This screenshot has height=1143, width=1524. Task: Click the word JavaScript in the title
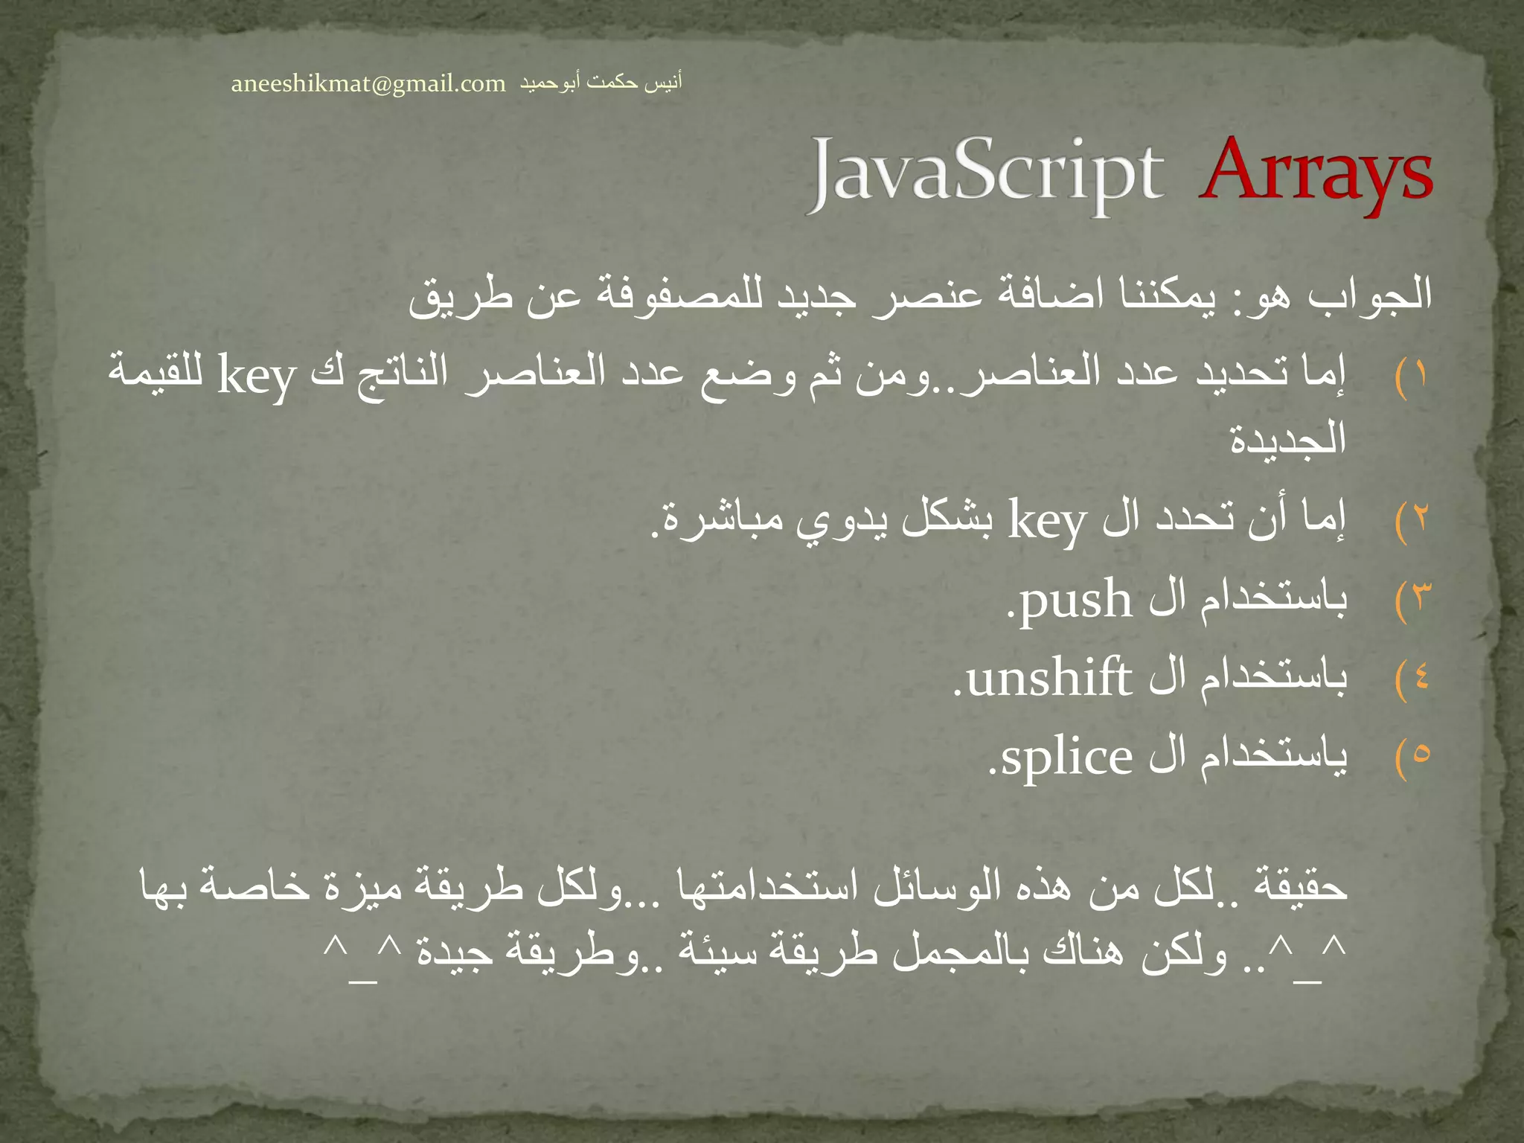[986, 175]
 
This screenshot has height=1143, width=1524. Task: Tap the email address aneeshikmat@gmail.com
[368, 84]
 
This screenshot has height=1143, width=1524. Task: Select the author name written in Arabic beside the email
[600, 83]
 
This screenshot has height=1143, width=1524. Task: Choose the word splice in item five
[1066, 758]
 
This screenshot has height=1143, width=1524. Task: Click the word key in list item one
[257, 377]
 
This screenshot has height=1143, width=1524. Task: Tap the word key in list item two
[1048, 521]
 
